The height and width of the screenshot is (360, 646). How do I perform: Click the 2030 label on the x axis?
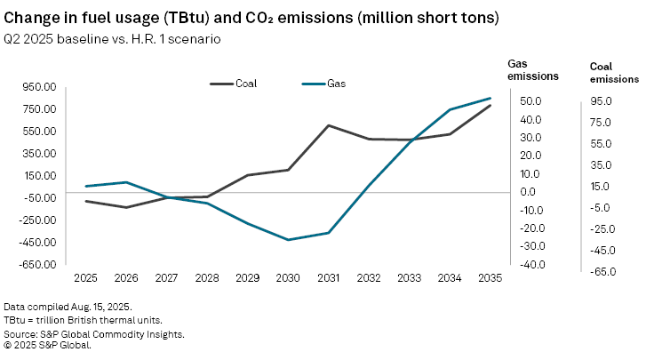coord(288,278)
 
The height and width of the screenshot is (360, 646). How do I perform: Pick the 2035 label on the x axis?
coord(490,278)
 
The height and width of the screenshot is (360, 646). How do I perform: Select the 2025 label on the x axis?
coord(86,278)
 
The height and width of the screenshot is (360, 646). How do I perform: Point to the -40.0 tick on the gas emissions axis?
coord(530,264)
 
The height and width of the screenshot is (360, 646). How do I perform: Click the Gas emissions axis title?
coord(533,70)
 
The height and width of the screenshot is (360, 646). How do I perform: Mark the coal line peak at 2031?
coord(329,125)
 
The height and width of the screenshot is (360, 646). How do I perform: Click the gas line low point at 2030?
coord(288,240)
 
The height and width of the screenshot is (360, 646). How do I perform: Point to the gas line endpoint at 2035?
coord(490,98)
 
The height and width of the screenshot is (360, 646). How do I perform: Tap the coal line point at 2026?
coord(126,208)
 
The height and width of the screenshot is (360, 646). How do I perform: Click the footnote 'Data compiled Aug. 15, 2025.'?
coord(68,307)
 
